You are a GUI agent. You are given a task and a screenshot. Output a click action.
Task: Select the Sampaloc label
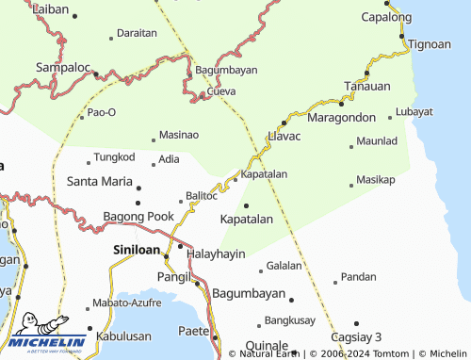(x=62, y=68)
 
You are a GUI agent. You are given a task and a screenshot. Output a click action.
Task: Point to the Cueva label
(x=220, y=91)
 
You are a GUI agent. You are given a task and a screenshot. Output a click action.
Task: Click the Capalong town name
(x=386, y=17)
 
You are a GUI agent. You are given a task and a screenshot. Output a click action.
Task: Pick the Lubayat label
(x=414, y=111)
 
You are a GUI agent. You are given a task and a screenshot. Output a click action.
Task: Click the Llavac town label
(x=284, y=136)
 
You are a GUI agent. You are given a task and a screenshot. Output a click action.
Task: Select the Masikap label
(x=376, y=179)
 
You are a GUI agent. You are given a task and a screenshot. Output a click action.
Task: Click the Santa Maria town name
(x=99, y=180)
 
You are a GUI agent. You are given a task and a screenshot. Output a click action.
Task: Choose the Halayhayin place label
(x=217, y=254)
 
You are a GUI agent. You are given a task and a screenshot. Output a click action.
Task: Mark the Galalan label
(x=284, y=266)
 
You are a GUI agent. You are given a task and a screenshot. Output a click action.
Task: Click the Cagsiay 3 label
(x=356, y=336)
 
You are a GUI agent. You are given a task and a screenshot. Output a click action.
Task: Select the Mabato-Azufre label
(x=127, y=304)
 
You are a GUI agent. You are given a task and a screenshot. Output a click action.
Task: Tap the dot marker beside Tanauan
(x=367, y=73)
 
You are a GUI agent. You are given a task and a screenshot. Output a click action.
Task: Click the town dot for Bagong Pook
(x=138, y=202)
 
